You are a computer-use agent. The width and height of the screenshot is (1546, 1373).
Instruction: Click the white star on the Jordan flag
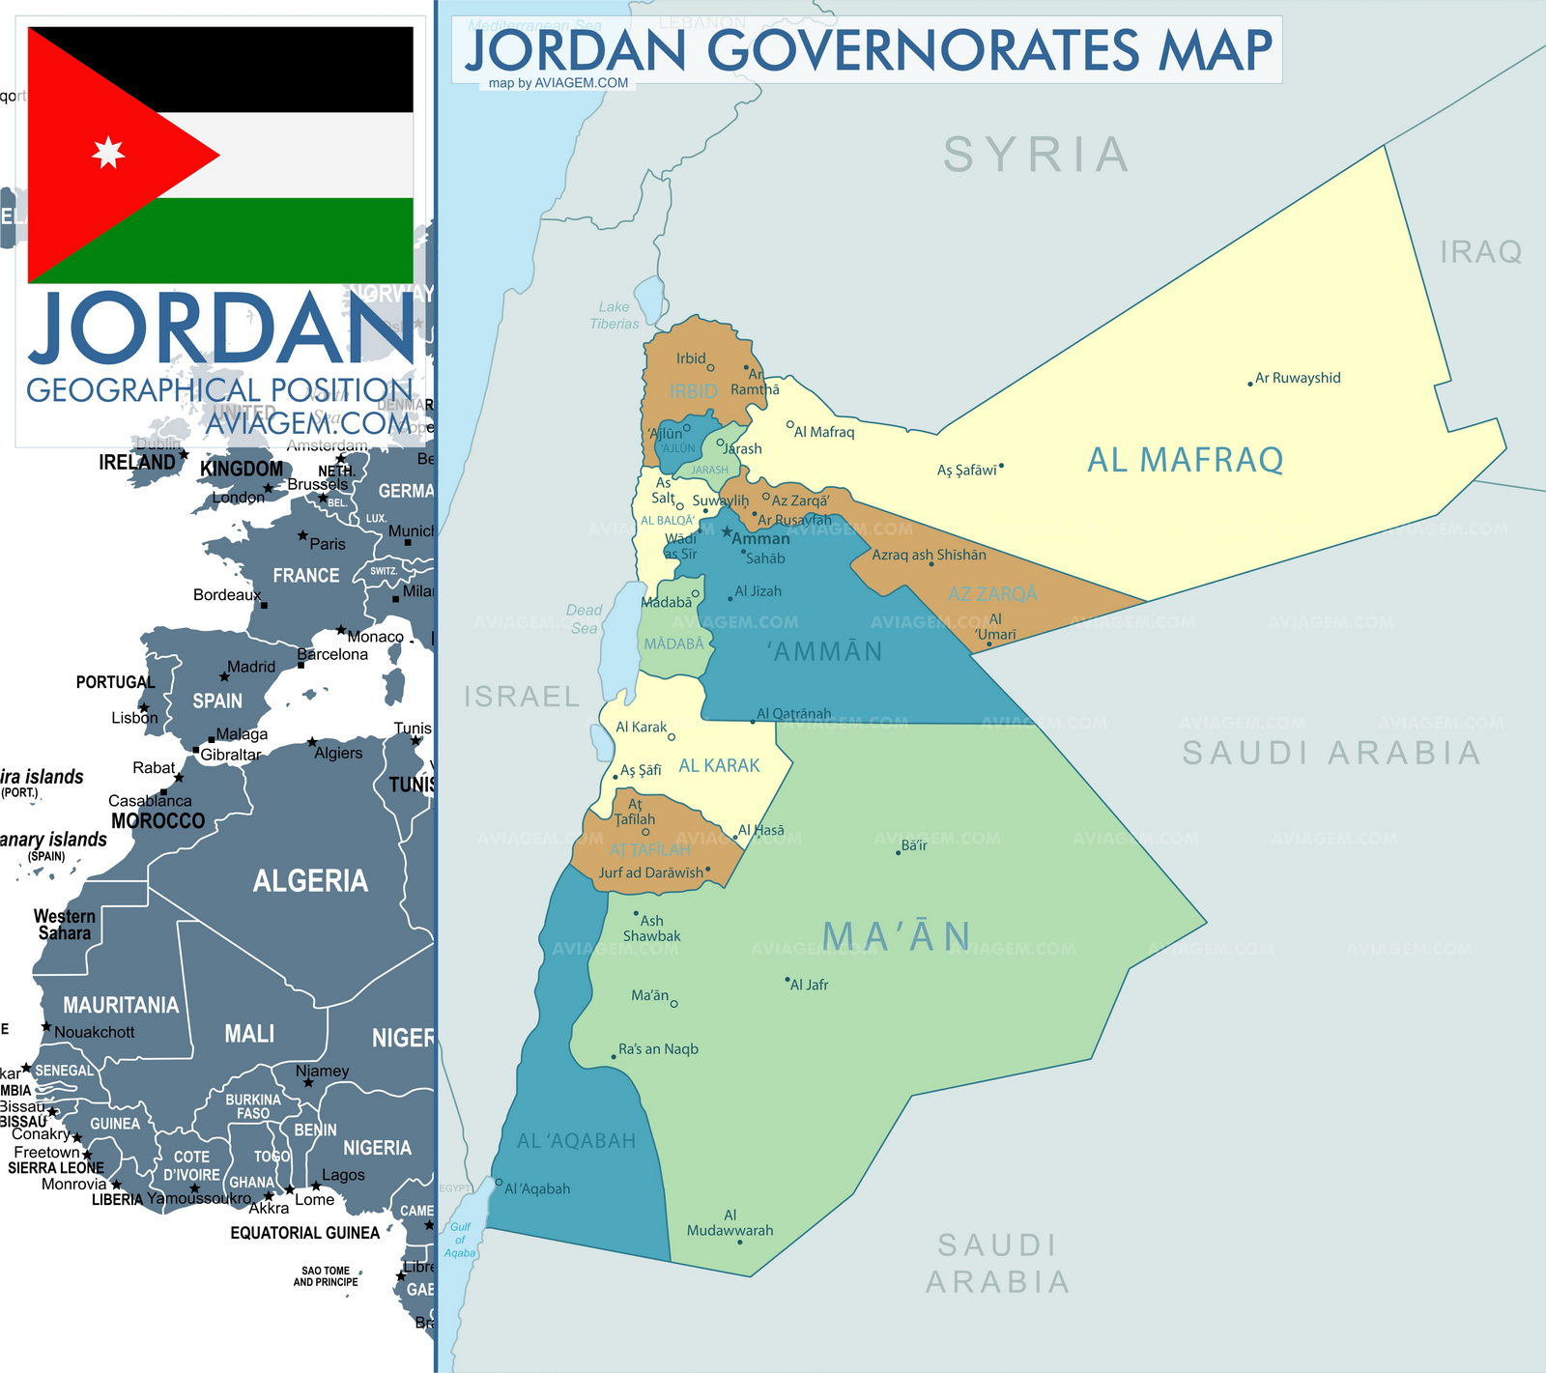click(108, 153)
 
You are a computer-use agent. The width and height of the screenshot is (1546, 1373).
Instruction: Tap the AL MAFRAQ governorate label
click(1185, 460)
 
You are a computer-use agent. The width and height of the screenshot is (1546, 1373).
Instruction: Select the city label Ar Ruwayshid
click(1298, 378)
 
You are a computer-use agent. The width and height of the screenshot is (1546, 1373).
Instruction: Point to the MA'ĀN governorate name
click(897, 936)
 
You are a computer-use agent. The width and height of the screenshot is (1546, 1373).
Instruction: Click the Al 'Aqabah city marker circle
click(499, 1182)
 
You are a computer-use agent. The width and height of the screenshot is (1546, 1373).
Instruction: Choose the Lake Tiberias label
click(615, 315)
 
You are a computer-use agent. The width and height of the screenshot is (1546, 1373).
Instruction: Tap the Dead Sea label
click(584, 619)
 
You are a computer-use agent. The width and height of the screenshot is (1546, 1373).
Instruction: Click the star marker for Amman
click(727, 531)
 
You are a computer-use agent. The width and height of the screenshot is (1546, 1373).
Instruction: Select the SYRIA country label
click(1036, 155)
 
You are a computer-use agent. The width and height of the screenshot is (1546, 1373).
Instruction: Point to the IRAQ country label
click(1480, 252)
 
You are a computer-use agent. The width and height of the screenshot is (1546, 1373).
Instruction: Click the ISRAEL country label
click(522, 697)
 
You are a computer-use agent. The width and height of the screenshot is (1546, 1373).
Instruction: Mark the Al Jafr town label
click(809, 985)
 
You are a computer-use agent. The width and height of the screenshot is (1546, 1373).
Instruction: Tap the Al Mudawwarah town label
click(730, 1223)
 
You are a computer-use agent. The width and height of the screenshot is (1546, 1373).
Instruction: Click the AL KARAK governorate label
click(719, 765)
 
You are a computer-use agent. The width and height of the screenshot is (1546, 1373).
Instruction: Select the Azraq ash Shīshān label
click(929, 555)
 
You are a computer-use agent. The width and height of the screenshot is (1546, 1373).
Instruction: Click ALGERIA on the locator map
click(310, 880)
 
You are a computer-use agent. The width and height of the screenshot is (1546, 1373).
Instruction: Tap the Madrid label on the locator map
click(250, 667)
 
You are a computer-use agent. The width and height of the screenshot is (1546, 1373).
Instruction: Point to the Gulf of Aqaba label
click(460, 1240)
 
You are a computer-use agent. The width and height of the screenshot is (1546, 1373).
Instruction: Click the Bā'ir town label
click(913, 845)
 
